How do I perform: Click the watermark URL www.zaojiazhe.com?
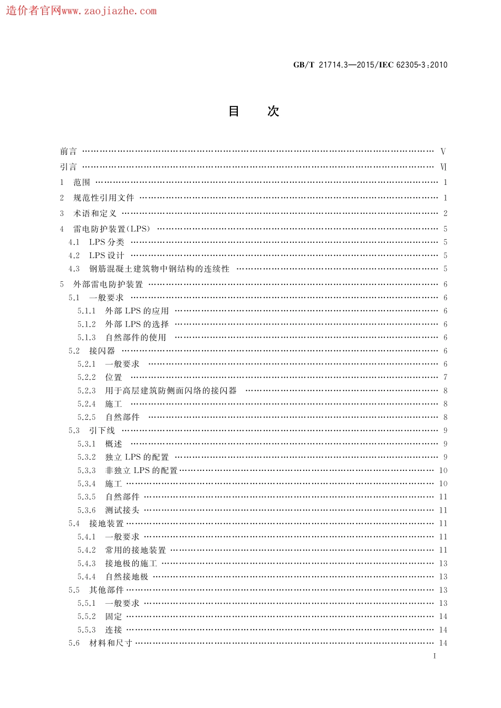tap(109, 11)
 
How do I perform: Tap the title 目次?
tap(253, 111)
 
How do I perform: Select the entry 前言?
tap(69, 152)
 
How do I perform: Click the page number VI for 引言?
tap(443, 167)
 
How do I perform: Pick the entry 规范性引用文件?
tap(104, 198)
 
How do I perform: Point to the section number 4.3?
tap(74, 269)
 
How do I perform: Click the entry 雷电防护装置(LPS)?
tap(112, 229)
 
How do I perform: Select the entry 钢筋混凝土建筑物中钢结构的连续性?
tap(159, 269)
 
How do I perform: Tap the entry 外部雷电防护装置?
tap(108, 284)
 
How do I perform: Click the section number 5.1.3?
tap(86, 338)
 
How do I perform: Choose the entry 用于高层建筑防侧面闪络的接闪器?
tap(171, 391)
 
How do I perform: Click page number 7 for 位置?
tap(445, 378)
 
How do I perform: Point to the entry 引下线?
tap(102, 431)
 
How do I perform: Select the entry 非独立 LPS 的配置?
tap(141, 470)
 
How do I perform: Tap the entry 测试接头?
tap(122, 510)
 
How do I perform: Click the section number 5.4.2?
tap(86, 550)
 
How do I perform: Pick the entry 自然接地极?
tap(127, 577)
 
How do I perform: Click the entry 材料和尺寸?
tap(111, 643)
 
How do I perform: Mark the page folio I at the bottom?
tap(435, 656)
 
